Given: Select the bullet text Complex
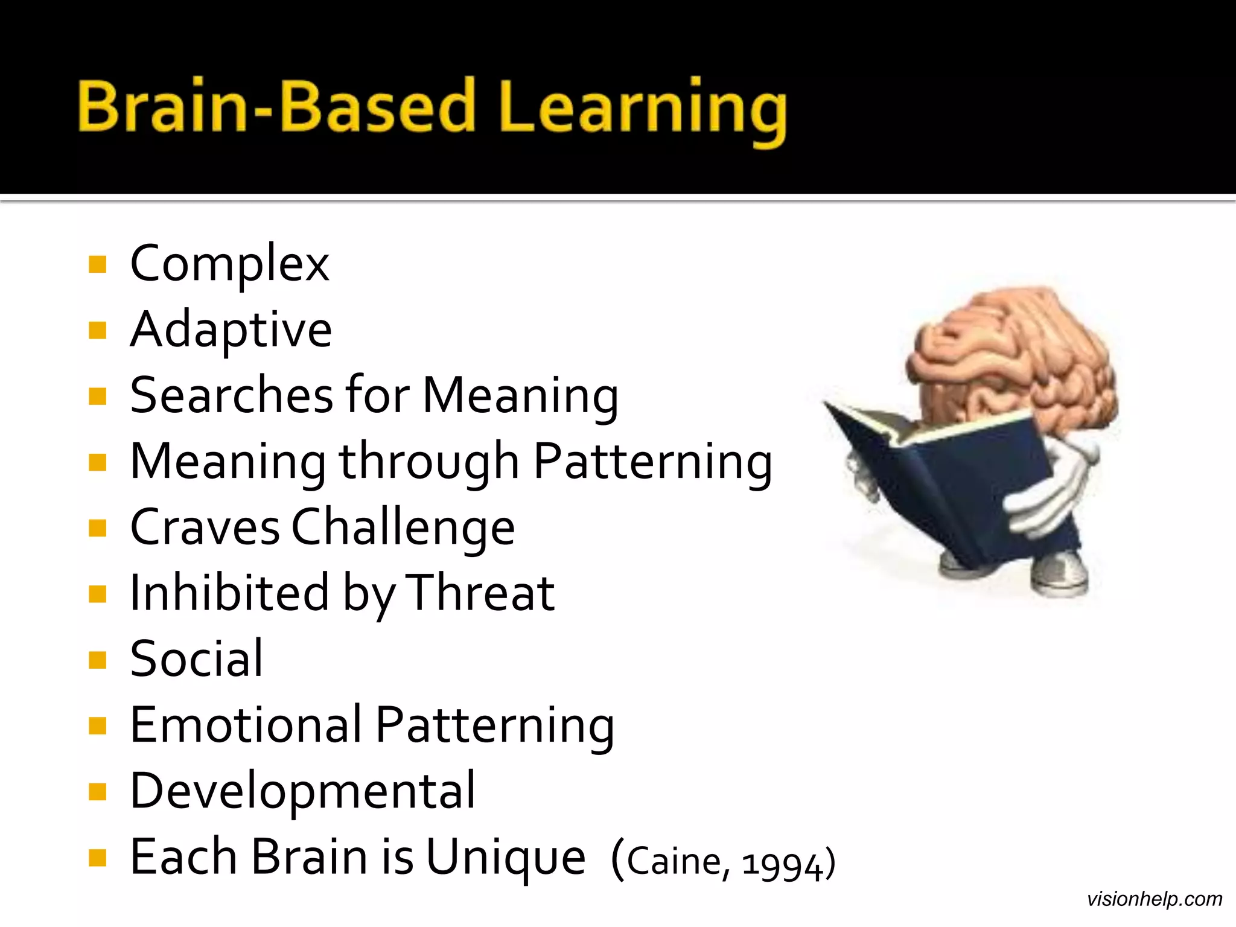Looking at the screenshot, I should [x=229, y=264].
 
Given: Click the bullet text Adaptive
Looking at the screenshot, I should [x=231, y=331].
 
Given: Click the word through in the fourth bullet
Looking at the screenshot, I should [x=428, y=462].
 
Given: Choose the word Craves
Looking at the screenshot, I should [x=205, y=527].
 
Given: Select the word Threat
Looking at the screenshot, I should [x=480, y=593].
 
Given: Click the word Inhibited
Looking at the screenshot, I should [x=229, y=593].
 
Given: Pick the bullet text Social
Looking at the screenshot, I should [x=196, y=659].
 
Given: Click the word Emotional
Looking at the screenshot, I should [x=246, y=724].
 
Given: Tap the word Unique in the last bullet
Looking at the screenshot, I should [x=506, y=858].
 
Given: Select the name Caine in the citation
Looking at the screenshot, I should [x=674, y=862].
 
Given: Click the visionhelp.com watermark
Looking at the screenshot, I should [x=1154, y=899].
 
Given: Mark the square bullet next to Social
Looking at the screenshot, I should [x=97, y=660].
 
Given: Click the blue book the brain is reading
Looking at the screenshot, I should [x=941, y=483].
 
